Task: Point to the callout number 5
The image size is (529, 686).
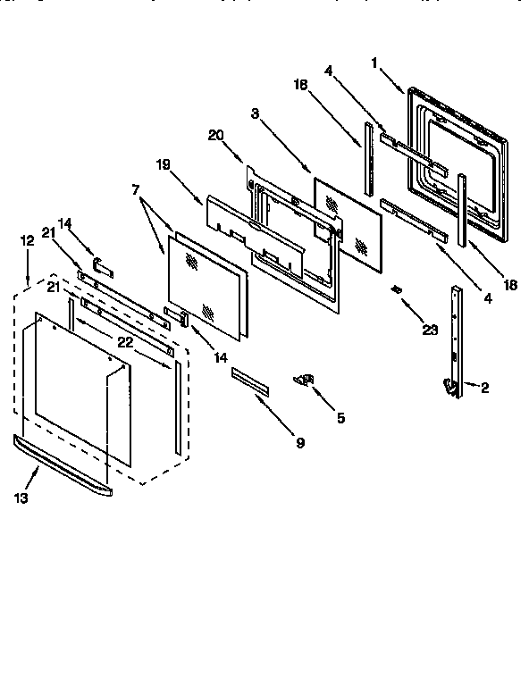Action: point(340,417)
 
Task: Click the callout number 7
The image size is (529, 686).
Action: point(136,191)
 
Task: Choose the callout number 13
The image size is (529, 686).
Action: point(21,498)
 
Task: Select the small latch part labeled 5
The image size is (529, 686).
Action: point(306,381)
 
